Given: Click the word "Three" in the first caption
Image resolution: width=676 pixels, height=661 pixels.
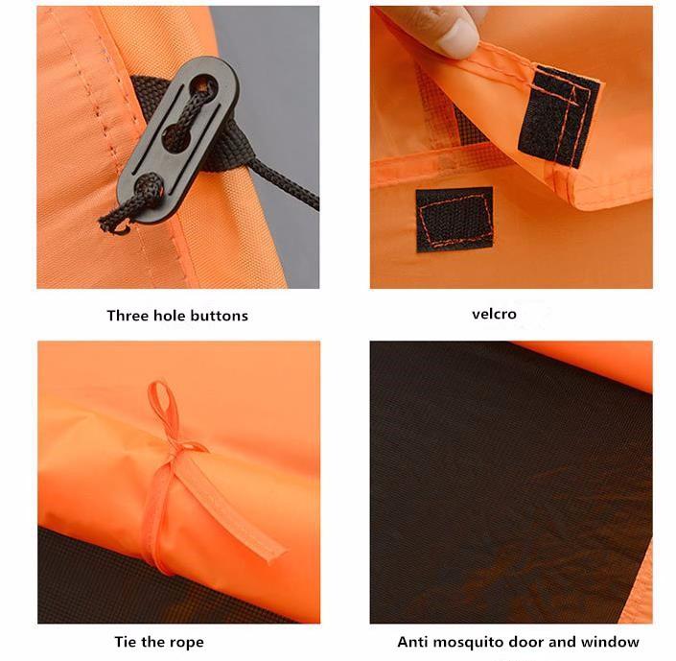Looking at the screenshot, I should [x=128, y=315].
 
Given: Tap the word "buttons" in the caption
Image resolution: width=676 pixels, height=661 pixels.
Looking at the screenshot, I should [x=220, y=315].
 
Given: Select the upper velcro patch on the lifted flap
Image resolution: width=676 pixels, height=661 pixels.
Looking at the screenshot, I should [x=558, y=114].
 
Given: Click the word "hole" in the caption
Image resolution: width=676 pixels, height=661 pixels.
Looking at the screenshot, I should [x=172, y=315].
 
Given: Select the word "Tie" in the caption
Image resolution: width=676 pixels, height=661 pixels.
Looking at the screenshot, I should [x=125, y=641].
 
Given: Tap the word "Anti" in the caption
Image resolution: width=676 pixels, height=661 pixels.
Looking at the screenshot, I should [x=414, y=641].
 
